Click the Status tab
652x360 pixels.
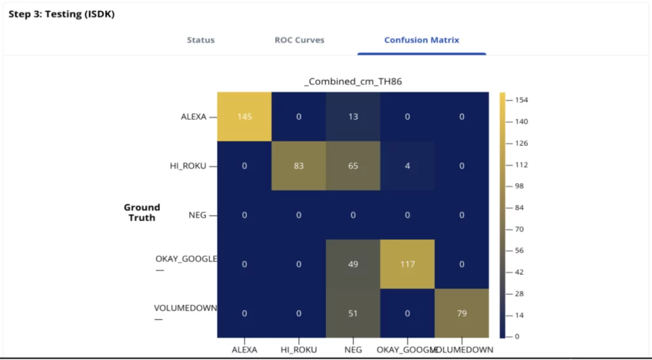coord(201,40)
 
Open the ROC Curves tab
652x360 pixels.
coord(299,40)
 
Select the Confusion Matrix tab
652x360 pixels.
coord(422,40)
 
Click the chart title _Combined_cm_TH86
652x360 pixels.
coord(353,82)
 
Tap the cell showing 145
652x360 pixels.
coord(244,117)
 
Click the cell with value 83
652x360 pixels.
coord(299,166)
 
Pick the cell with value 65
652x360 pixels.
coord(353,166)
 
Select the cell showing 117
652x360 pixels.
coord(407,264)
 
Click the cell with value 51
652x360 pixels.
coord(353,313)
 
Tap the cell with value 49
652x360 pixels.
coord(353,264)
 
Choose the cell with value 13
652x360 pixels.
coord(353,117)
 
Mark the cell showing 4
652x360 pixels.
coord(407,166)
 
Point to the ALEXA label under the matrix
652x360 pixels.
coord(244,350)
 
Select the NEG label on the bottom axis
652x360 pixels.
coord(353,350)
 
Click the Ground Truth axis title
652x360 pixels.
coord(141,212)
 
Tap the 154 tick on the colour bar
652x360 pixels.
coord(522,100)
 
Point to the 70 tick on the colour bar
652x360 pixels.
coord(520,229)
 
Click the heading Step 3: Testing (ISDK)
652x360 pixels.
coord(61,14)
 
